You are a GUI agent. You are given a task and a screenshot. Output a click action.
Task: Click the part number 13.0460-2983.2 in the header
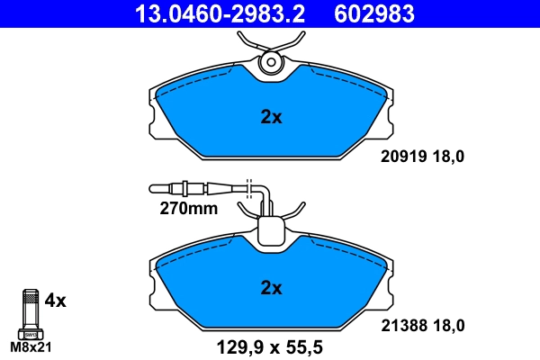click(x=221, y=13)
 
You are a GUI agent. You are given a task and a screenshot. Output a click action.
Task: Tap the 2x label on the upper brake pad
click(x=271, y=117)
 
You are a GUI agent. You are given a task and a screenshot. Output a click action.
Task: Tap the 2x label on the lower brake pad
click(x=271, y=288)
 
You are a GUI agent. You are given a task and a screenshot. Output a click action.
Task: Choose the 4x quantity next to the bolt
click(x=56, y=301)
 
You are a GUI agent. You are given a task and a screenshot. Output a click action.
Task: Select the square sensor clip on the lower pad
click(x=271, y=233)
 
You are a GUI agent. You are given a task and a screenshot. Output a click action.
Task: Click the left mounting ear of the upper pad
click(x=155, y=117)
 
